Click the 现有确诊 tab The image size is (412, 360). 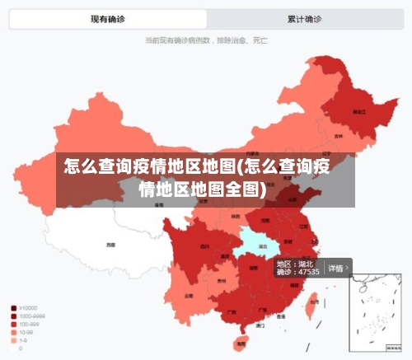pos(109,19)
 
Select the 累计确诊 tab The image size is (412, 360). pos(304,19)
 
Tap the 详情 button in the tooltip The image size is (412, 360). pos(337,268)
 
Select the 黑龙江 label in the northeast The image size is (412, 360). pos(358,110)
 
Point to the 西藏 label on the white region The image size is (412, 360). pos(110,245)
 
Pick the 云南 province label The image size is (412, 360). pos(189,295)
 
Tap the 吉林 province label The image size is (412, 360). pos(339,136)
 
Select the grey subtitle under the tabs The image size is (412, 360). pos(205,40)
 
